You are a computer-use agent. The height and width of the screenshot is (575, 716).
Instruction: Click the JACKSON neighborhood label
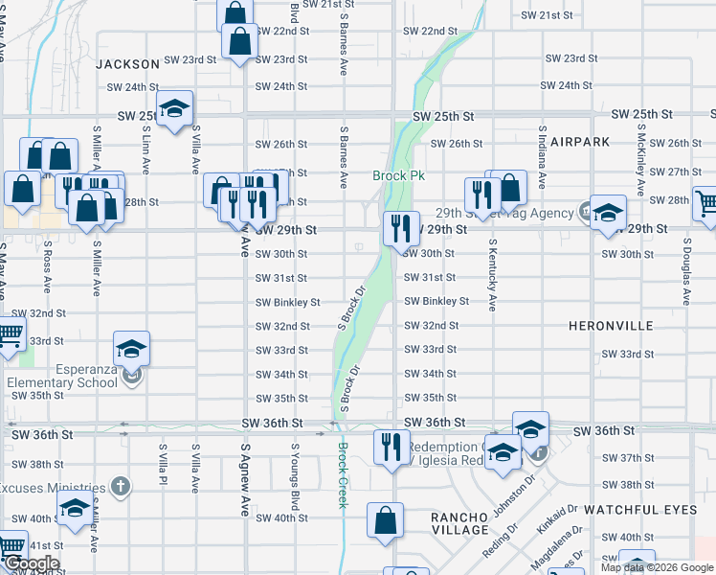[127, 64]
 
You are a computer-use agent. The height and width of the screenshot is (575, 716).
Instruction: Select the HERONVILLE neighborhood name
[611, 326]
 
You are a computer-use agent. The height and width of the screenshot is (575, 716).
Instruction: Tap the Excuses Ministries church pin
[120, 487]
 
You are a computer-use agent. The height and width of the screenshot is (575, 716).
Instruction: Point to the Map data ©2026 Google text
[656, 567]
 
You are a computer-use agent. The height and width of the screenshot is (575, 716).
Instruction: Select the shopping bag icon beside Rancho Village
[384, 522]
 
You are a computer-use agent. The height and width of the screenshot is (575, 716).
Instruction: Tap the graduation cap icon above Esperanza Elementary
[131, 350]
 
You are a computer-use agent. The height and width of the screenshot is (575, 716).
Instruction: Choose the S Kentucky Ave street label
[493, 275]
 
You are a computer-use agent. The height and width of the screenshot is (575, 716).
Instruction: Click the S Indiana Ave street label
[542, 155]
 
